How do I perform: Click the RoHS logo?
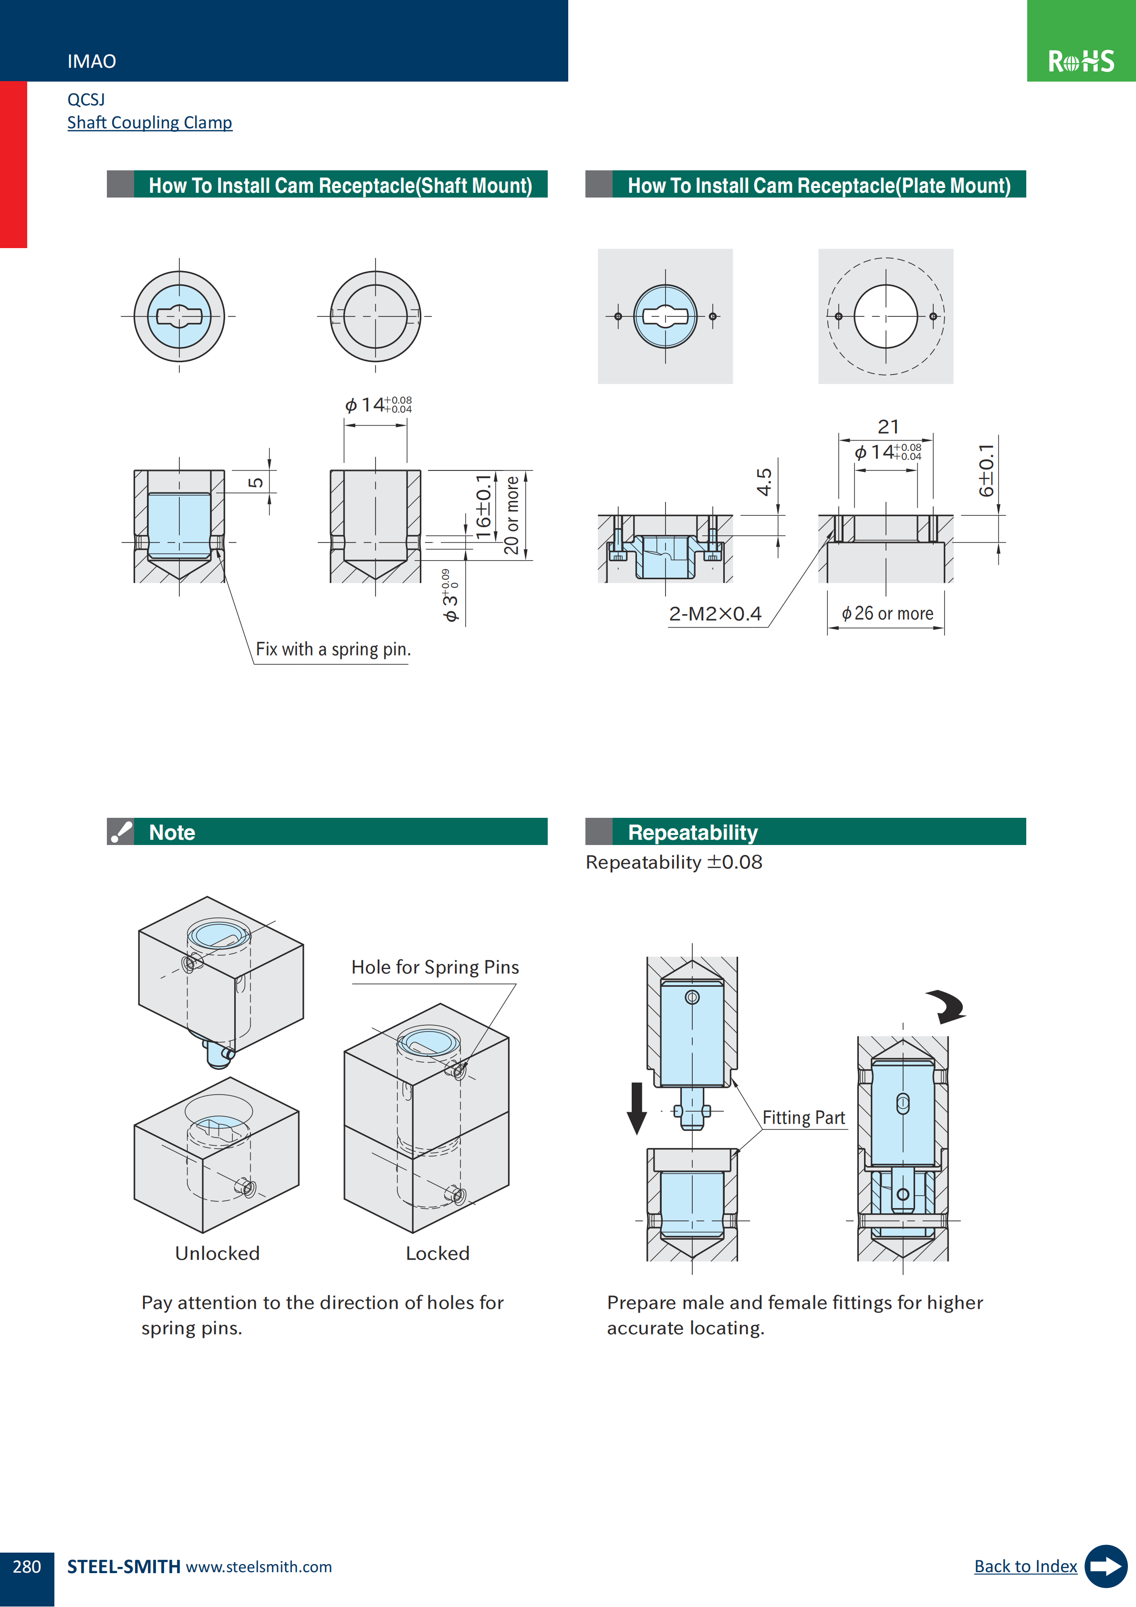click(1081, 61)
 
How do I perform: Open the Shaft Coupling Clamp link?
click(149, 123)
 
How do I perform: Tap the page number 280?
click(27, 1566)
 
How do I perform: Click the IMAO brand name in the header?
click(92, 62)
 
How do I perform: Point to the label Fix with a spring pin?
click(333, 649)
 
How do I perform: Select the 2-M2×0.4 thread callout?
click(715, 614)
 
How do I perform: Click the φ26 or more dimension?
click(887, 614)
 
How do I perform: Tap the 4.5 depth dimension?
click(764, 482)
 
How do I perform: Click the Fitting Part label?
click(803, 1118)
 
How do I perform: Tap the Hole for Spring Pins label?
click(435, 967)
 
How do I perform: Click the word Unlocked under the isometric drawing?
click(217, 1253)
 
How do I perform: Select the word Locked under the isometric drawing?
click(438, 1253)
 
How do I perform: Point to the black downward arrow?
click(636, 1108)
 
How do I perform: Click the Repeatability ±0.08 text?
click(673, 862)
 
